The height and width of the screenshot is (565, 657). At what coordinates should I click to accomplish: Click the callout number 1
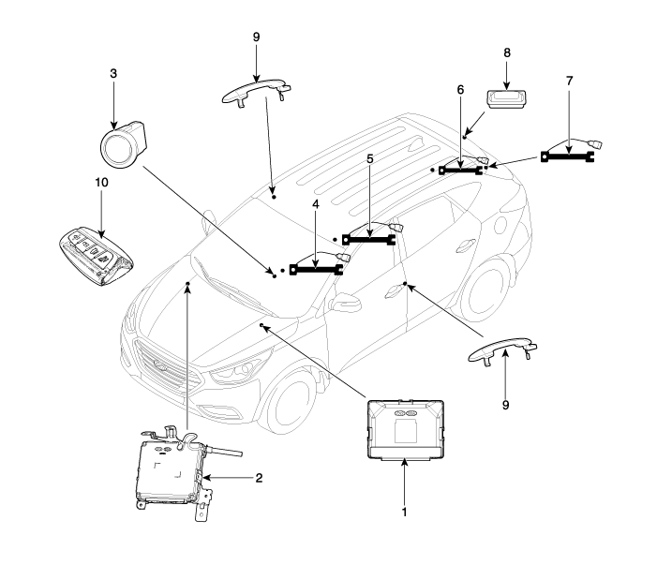pyautogui.click(x=404, y=513)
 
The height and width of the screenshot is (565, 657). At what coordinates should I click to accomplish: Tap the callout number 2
pyautogui.click(x=259, y=478)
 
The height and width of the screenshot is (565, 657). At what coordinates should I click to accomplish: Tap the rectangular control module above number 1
pyautogui.click(x=405, y=430)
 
